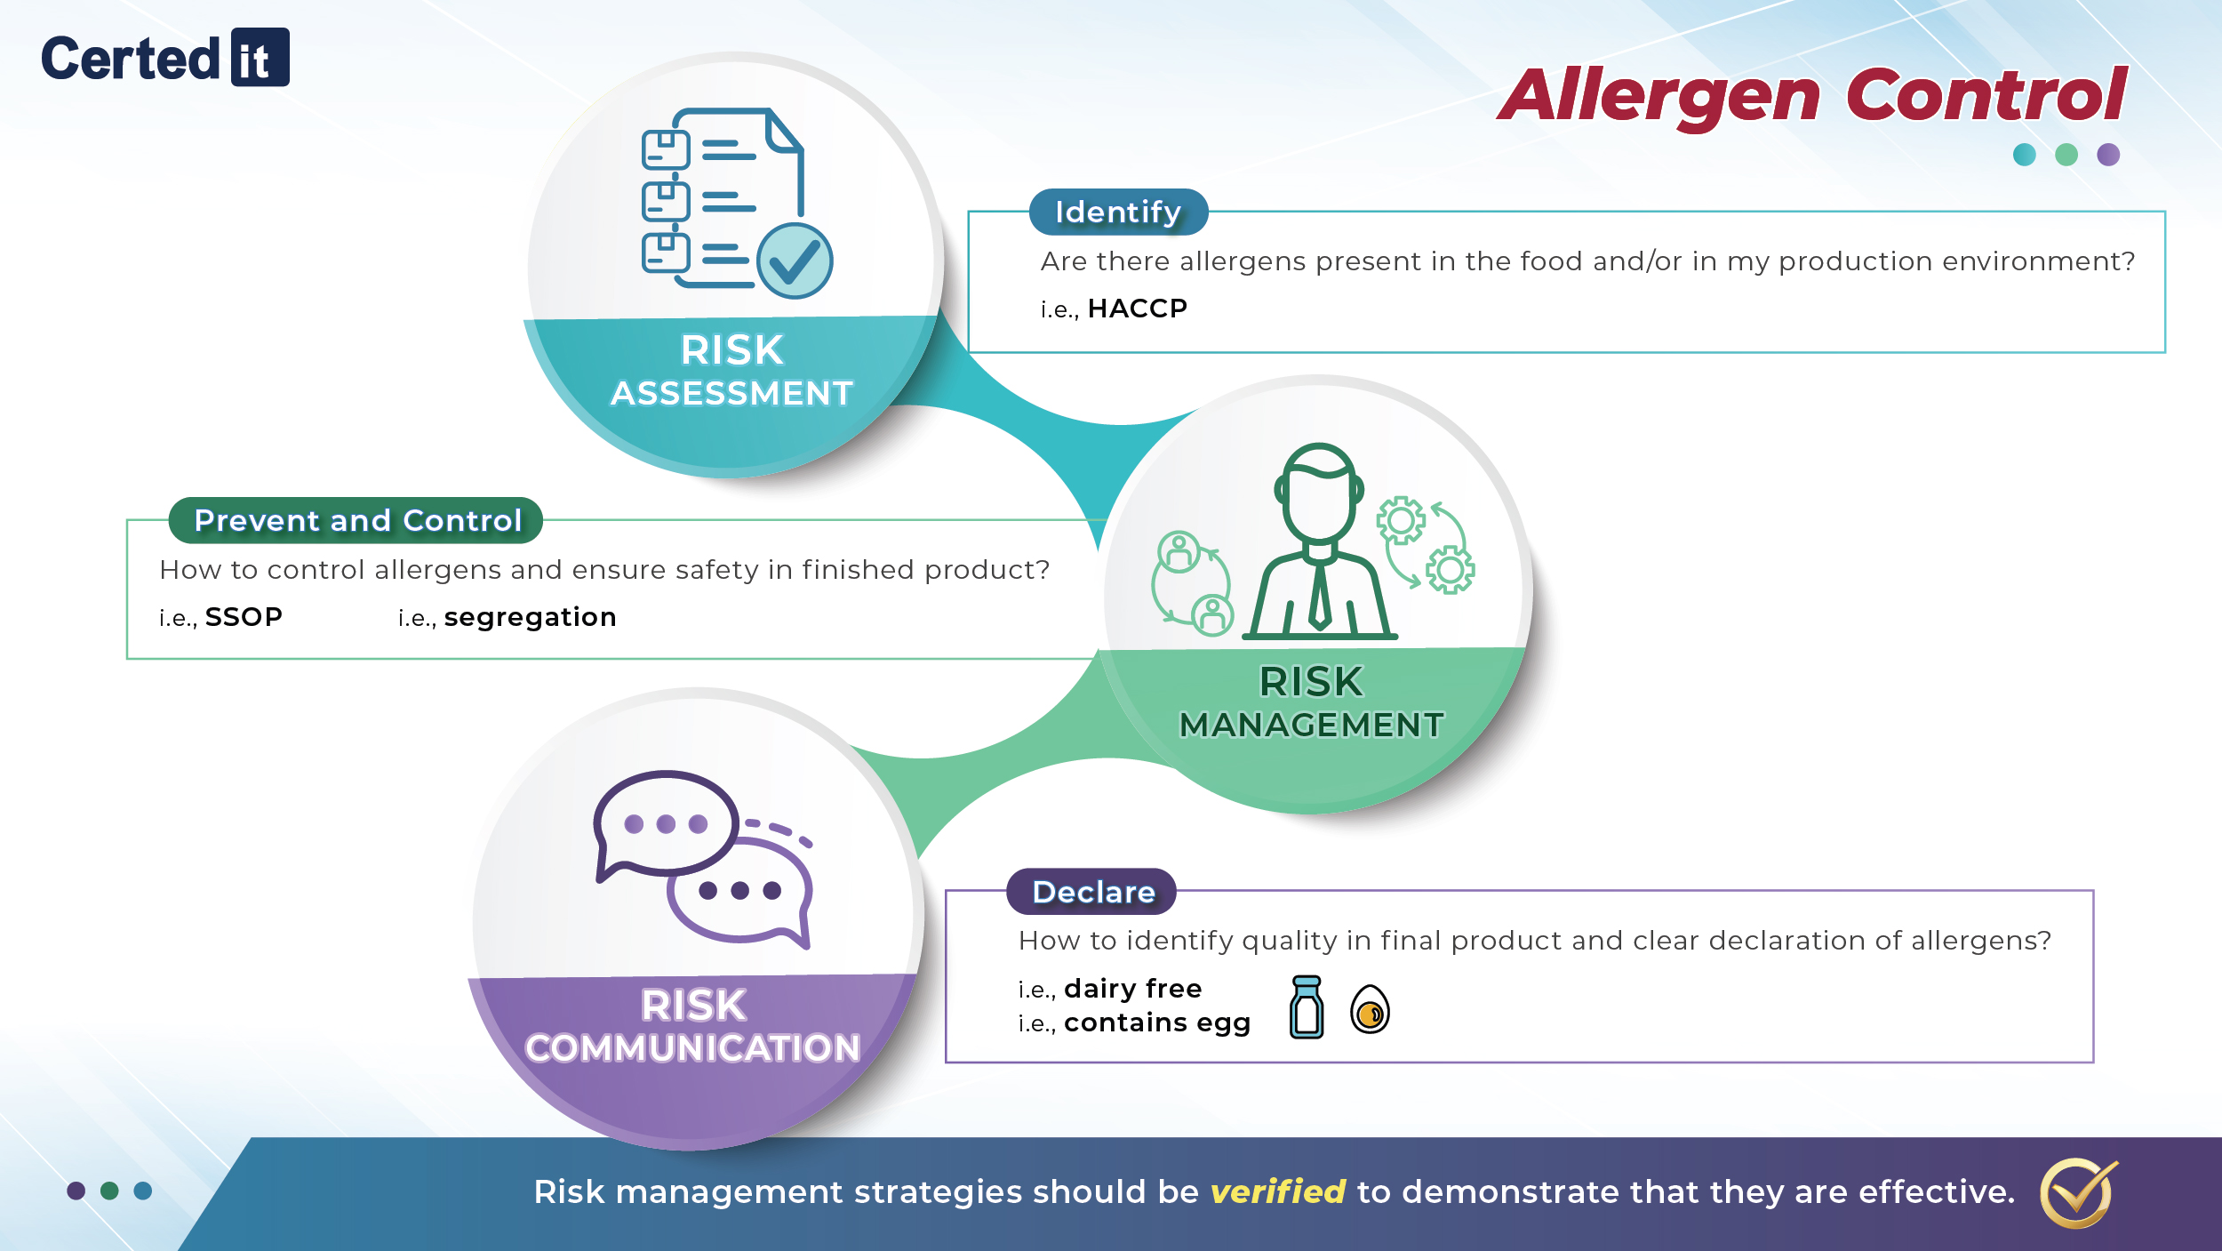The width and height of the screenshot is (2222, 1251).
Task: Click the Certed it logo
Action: coord(164,58)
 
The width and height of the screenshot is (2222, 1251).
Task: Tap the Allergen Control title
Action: coord(1813,95)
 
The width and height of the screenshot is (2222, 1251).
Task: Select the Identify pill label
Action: coord(1118,212)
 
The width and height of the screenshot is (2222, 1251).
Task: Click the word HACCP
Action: coord(1137,309)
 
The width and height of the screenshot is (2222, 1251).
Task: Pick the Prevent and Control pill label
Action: coord(356,520)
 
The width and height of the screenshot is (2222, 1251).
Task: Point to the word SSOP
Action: coord(244,617)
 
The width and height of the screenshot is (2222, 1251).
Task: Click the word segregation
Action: coord(530,617)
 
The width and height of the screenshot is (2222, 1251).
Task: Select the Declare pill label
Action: coord(1092,892)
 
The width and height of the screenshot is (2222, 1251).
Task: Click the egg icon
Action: coord(1370,1010)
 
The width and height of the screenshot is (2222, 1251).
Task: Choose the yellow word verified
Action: coord(1277,1191)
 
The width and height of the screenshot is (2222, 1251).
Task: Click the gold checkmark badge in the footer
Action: coord(2077,1192)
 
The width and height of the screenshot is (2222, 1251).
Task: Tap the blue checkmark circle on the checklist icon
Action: coord(795,261)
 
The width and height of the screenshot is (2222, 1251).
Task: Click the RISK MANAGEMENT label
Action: coord(1311,703)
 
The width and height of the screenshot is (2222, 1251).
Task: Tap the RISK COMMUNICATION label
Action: coord(693,1027)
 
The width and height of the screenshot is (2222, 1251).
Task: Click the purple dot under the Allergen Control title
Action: coord(2108,155)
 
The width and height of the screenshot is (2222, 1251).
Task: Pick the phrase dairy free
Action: coord(1132,989)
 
